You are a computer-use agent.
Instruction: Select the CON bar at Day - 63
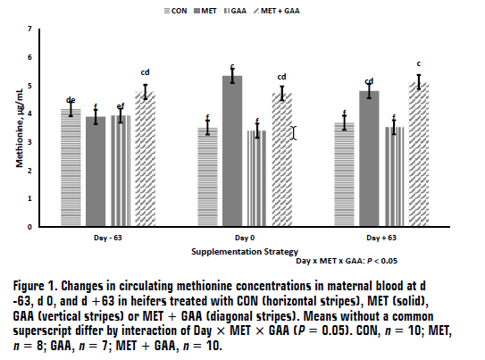pos(71,167)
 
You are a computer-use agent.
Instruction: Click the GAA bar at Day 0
pos(257,178)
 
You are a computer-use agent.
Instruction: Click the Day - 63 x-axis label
pos(106,239)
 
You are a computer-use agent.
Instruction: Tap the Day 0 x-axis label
pos(245,239)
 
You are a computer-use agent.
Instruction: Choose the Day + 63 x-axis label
pos(382,239)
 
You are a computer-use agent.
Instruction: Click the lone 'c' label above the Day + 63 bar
pos(419,63)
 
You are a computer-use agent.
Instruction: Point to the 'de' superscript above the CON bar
pos(71,99)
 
